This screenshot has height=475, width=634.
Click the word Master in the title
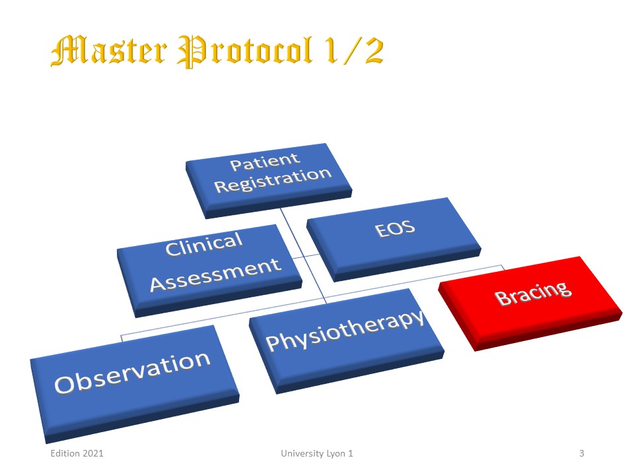(x=109, y=51)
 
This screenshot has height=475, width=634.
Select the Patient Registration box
(x=269, y=181)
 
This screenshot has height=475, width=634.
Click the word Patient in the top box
(x=265, y=162)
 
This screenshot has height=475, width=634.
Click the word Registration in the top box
(x=273, y=180)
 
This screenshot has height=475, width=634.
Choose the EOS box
(x=394, y=239)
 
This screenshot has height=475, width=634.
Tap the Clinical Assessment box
(x=209, y=270)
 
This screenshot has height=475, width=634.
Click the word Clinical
(x=204, y=244)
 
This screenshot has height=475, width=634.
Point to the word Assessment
(x=215, y=274)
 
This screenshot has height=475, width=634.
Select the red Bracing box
(x=530, y=303)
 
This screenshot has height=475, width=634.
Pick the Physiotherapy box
(x=347, y=341)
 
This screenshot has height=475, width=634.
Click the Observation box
(x=135, y=384)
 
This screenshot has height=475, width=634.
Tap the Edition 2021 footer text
(x=77, y=453)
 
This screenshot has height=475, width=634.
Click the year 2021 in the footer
(x=92, y=453)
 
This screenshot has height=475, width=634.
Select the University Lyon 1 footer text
(x=317, y=453)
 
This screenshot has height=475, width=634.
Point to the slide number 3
(x=581, y=453)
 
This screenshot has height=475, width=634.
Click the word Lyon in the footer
(x=335, y=454)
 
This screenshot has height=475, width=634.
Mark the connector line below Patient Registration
(x=303, y=255)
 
